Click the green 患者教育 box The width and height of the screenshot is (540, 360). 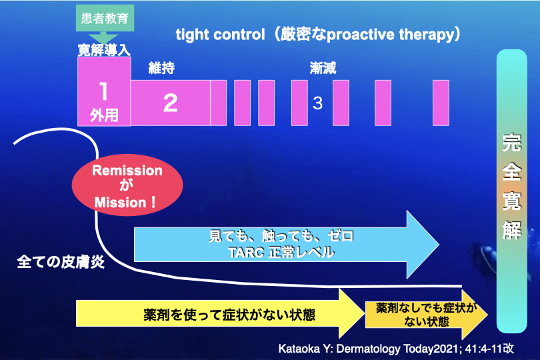coord(105,18)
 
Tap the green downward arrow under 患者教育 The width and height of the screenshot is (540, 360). coord(103,37)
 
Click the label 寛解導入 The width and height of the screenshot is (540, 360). coord(104,50)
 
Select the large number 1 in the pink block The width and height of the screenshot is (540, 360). coord(103,91)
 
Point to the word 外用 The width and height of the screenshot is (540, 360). coord(104,115)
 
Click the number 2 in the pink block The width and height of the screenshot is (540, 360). coord(171,103)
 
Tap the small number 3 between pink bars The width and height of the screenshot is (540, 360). coord(317,103)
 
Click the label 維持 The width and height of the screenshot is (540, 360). coord(161,68)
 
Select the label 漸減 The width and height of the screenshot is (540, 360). coord(323,68)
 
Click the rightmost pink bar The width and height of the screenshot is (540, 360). coord(441,103)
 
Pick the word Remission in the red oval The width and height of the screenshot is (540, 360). coord(127,171)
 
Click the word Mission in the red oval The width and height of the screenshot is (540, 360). coord(121,203)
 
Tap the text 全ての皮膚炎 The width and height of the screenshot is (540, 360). coord(61,262)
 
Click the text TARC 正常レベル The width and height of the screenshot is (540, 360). coord(281,252)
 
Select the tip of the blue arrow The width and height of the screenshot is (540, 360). coord(439,244)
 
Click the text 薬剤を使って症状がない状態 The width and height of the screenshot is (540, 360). coord(229,315)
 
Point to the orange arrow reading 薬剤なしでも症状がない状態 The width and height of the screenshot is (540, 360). coord(427,314)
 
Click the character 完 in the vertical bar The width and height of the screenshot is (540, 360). coord(512,142)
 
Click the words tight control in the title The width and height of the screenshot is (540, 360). coord(221,35)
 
